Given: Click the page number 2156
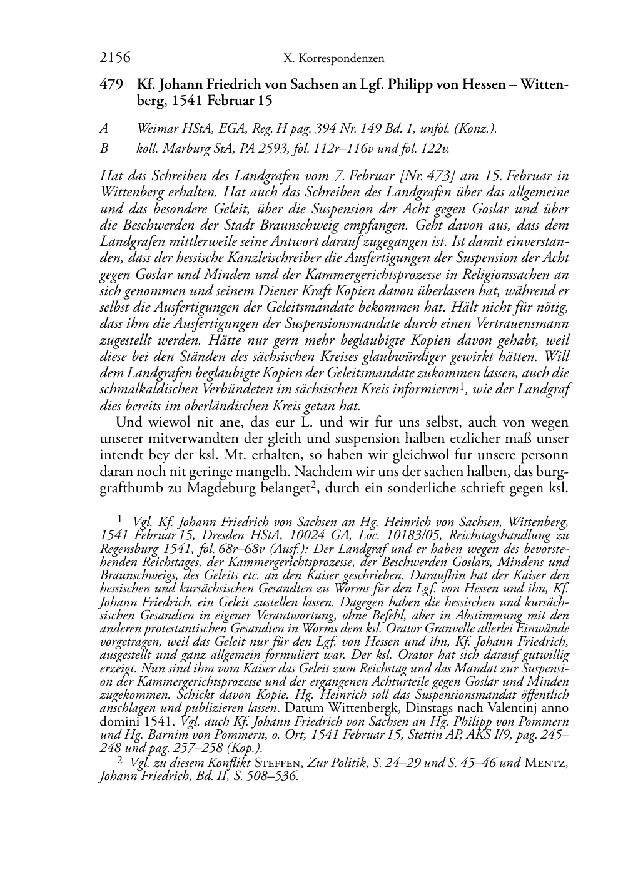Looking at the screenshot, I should click(115, 58).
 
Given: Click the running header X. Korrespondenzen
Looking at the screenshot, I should click(333, 59).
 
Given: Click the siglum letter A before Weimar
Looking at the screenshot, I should click(104, 129).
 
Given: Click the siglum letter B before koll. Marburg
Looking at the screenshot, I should click(104, 149).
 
